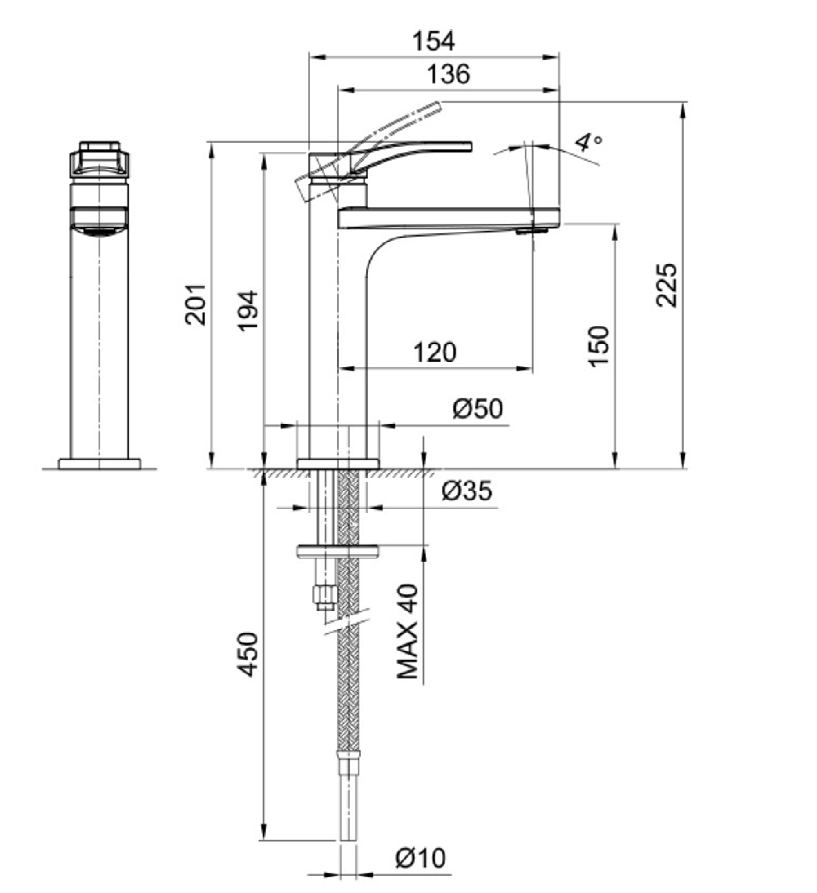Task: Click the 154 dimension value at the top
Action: (x=433, y=41)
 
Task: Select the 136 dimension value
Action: (x=449, y=74)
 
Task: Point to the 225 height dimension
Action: (x=666, y=285)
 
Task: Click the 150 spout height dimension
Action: (x=598, y=346)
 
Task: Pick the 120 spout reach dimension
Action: (x=435, y=353)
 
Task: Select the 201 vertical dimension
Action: (x=195, y=304)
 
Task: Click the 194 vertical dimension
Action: (x=248, y=311)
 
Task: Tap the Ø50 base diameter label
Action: (x=478, y=408)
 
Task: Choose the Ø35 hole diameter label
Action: (x=467, y=491)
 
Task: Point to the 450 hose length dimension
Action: (x=248, y=654)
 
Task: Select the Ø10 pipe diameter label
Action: (x=421, y=858)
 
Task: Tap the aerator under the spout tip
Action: (x=530, y=230)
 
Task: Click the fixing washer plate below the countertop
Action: (x=338, y=551)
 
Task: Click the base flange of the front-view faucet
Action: (x=100, y=464)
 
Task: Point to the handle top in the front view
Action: (x=100, y=147)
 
